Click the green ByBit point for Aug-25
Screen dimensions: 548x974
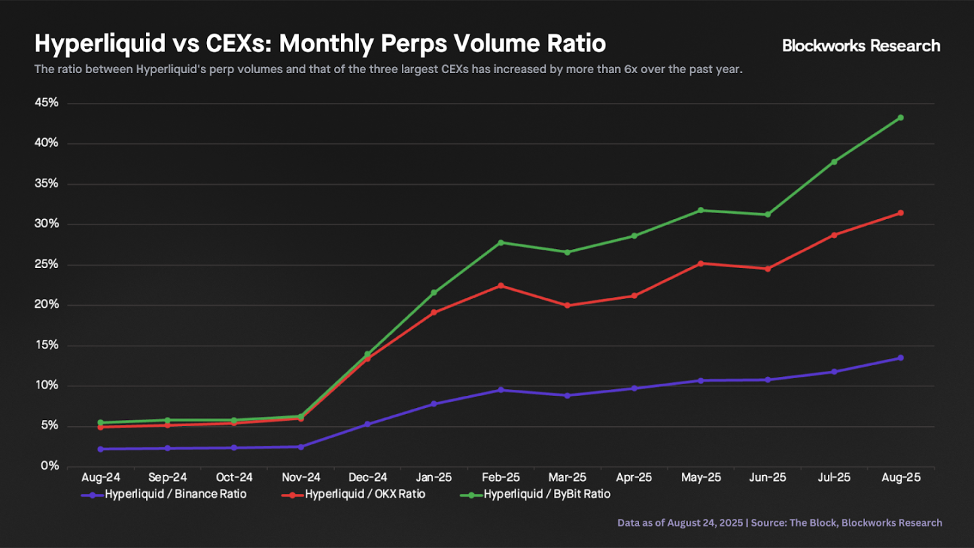pos(900,118)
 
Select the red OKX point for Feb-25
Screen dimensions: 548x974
pos(501,286)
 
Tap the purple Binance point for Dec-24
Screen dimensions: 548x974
pos(367,424)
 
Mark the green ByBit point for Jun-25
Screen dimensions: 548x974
pos(767,214)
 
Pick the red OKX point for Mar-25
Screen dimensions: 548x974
pos(567,305)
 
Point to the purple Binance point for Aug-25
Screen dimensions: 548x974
pos(900,358)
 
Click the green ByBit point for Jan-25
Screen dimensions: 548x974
pos(434,293)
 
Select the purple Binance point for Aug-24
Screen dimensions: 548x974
pos(101,449)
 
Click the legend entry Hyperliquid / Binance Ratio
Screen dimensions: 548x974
pos(175,495)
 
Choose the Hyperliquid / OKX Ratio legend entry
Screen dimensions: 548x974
pos(365,495)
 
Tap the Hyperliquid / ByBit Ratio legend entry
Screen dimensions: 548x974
pos(547,495)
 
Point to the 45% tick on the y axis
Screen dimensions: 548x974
pos(47,103)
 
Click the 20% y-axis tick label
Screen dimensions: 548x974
pos(47,304)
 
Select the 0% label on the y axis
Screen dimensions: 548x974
pos(50,466)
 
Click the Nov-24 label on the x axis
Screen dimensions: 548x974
pos(300,478)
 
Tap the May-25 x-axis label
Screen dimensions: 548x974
pos(701,478)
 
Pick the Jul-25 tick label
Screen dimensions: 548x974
pos(834,478)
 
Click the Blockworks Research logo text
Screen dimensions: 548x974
pos(861,45)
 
